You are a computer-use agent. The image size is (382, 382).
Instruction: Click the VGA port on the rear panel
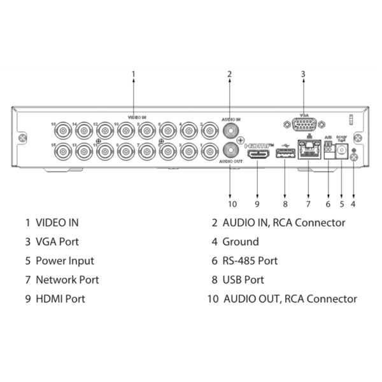click(303, 124)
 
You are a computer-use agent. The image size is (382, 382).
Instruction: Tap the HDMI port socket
click(258, 154)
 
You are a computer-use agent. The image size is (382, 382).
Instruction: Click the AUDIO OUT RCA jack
click(229, 152)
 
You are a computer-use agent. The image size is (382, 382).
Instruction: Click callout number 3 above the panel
click(303, 74)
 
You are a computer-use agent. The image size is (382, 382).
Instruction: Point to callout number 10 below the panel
click(232, 204)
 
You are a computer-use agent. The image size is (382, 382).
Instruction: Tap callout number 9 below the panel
click(257, 204)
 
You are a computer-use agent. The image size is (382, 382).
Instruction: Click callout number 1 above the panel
click(134, 74)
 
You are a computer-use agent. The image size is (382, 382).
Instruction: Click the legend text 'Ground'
click(240, 242)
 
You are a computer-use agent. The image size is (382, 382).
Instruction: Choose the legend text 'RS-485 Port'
click(250, 261)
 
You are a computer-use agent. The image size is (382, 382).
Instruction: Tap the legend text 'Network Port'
click(67, 279)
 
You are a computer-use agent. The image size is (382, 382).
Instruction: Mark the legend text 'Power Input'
click(64, 261)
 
